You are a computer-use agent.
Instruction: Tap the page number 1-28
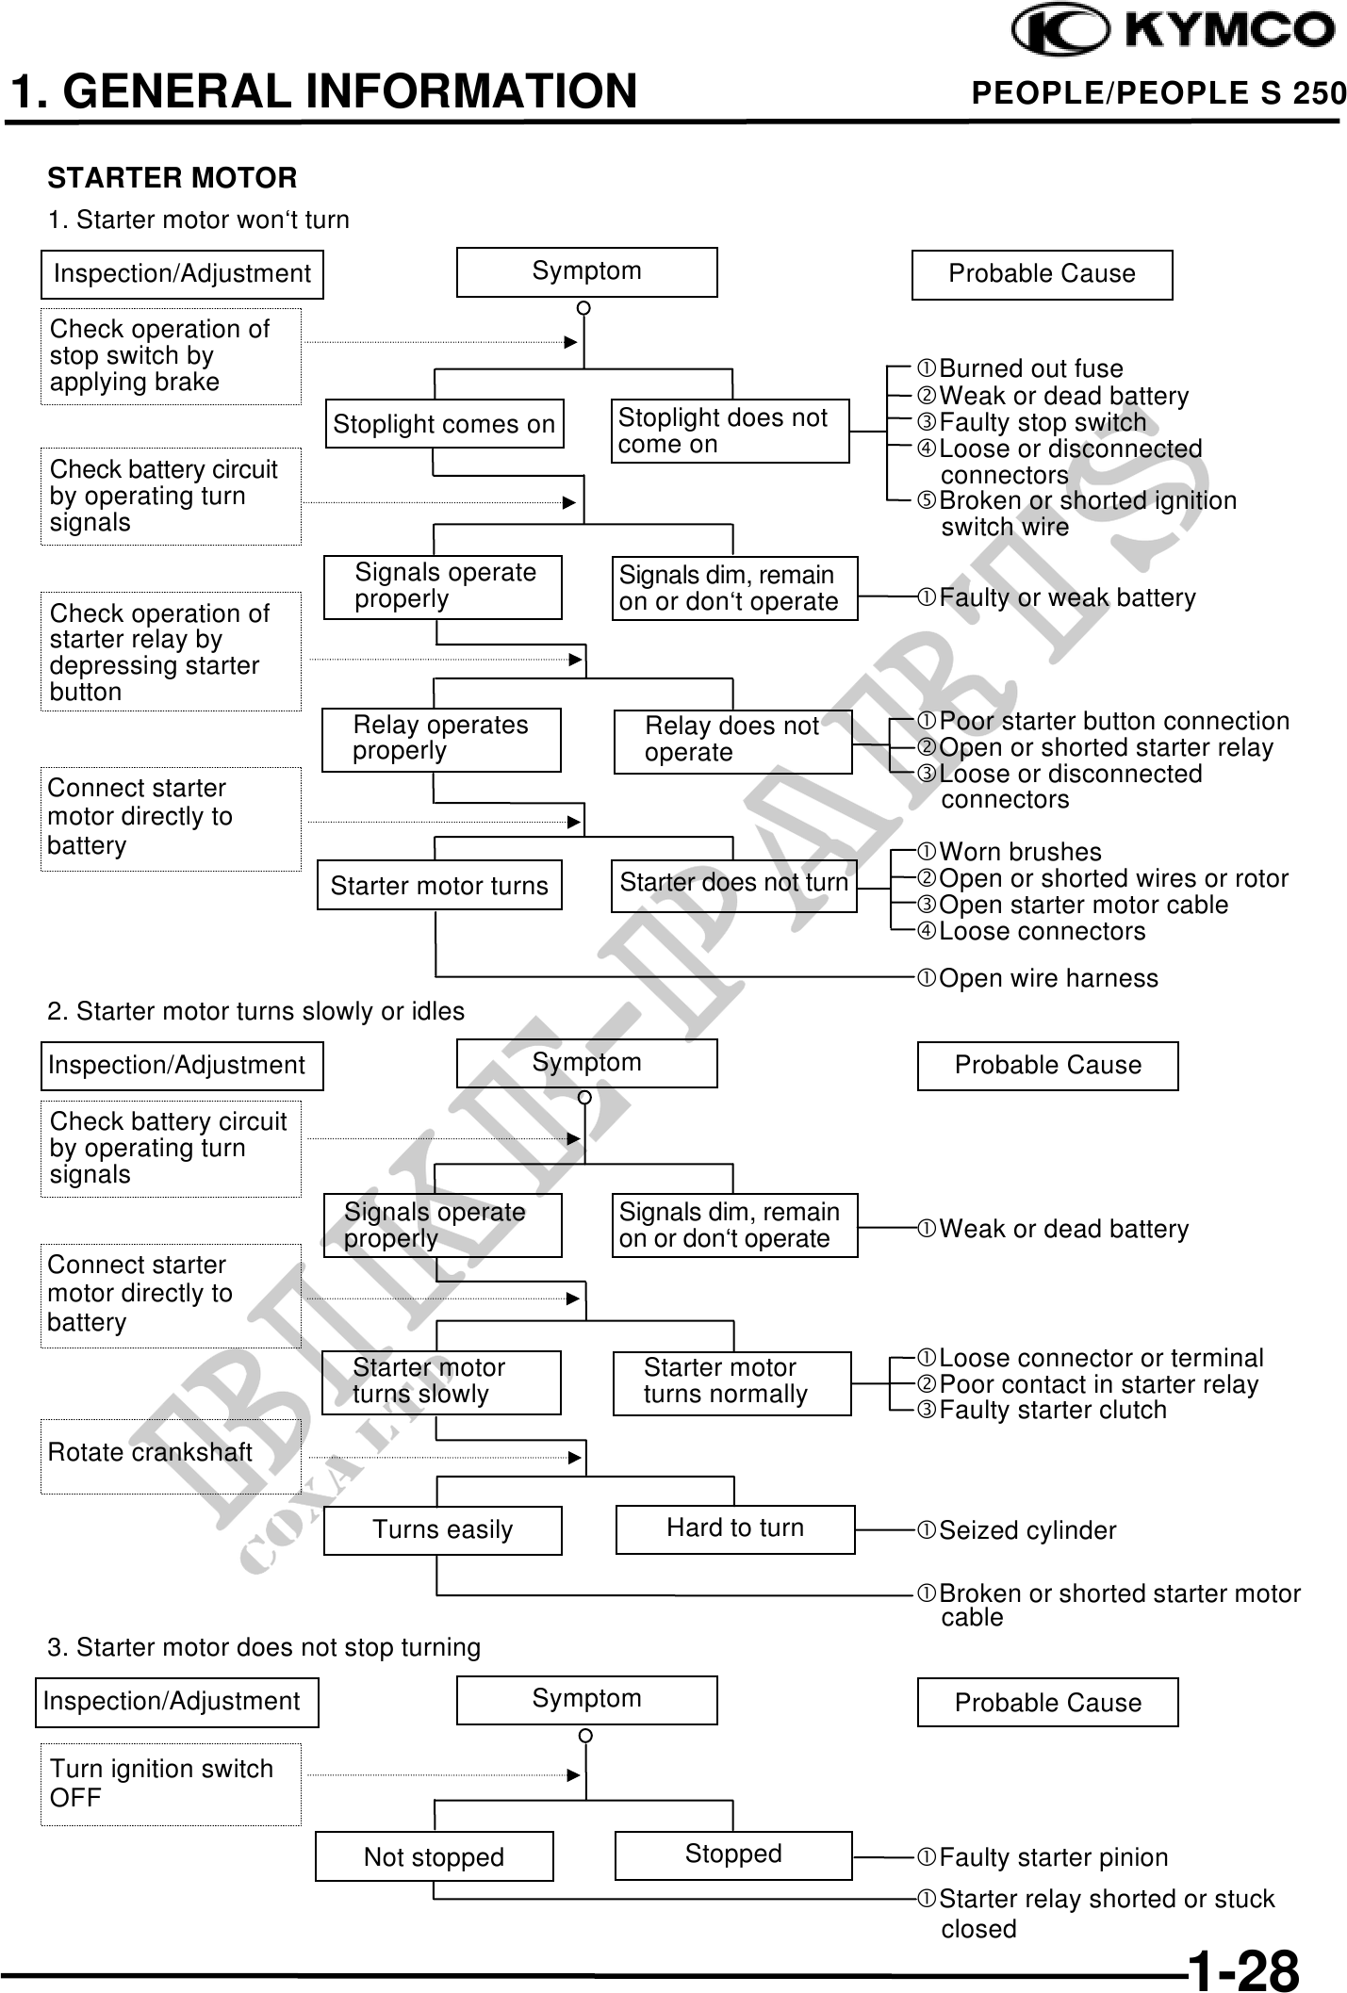[x=1242, y=1968]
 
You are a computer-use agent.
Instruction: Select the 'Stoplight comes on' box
[x=444, y=424]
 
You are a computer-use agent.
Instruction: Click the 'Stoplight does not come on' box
[x=730, y=431]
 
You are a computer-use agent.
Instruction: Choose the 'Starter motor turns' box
[x=439, y=885]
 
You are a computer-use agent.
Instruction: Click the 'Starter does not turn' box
[x=733, y=884]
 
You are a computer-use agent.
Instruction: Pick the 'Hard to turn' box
[x=735, y=1528]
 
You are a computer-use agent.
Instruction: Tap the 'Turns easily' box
[x=442, y=1529]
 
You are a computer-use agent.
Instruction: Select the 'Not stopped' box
[x=434, y=1856]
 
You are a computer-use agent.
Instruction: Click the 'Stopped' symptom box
[x=733, y=1854]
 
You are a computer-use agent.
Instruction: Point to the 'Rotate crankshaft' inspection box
[x=171, y=1454]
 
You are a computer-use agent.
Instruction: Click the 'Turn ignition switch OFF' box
[x=171, y=1783]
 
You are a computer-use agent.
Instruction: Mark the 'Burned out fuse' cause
[x=1030, y=368]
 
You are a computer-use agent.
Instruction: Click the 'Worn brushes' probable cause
[x=1020, y=852]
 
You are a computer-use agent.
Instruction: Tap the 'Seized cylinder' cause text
[x=1027, y=1530]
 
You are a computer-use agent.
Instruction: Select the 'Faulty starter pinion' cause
[x=1053, y=1857]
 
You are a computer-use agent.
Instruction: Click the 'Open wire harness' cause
[x=1048, y=978]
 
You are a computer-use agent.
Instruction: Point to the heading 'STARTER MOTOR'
[x=172, y=177]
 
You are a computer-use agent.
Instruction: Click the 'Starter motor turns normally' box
[x=731, y=1381]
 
